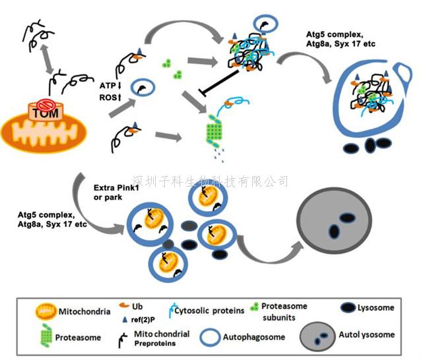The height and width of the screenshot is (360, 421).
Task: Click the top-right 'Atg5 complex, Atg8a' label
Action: pyautogui.click(x=337, y=37)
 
